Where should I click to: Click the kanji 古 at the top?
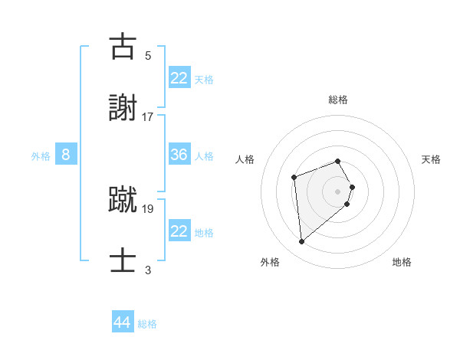[123, 47]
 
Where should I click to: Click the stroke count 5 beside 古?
[148, 55]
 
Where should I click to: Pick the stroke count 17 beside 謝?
[148, 116]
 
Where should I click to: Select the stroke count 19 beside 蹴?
[148, 208]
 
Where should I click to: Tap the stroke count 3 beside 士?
[148, 270]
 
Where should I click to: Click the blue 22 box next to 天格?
[179, 77]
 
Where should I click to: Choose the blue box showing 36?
[179, 155]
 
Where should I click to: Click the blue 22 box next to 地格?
[179, 231]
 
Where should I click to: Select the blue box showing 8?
[66, 155]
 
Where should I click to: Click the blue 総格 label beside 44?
[148, 324]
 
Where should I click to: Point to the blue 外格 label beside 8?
[41, 156]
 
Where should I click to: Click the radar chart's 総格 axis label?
[338, 100]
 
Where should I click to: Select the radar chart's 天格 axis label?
[432, 159]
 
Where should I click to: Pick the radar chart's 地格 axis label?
[402, 262]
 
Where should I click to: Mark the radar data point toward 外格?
[302, 242]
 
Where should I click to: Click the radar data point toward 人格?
[294, 178]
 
